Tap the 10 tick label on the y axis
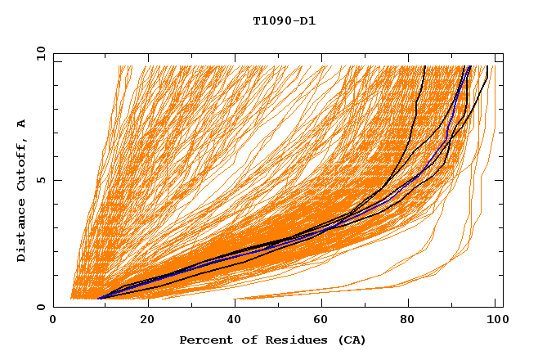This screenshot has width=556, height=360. click(40, 52)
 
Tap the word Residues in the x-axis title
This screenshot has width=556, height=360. click(289, 340)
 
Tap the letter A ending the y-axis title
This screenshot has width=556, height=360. click(22, 123)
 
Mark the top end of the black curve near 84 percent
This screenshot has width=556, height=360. click(424, 66)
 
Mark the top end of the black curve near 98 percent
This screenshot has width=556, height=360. click(487, 66)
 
